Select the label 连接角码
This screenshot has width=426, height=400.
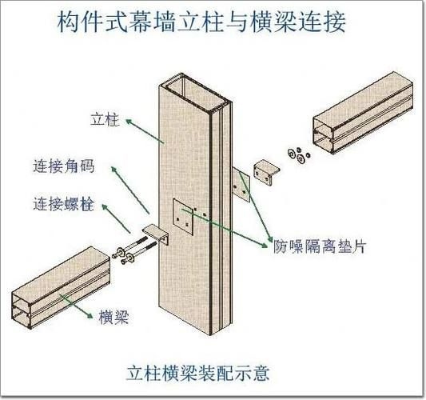coord(63,167)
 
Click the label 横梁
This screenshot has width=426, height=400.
coord(114,317)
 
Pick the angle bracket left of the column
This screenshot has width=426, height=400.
coord(156,237)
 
